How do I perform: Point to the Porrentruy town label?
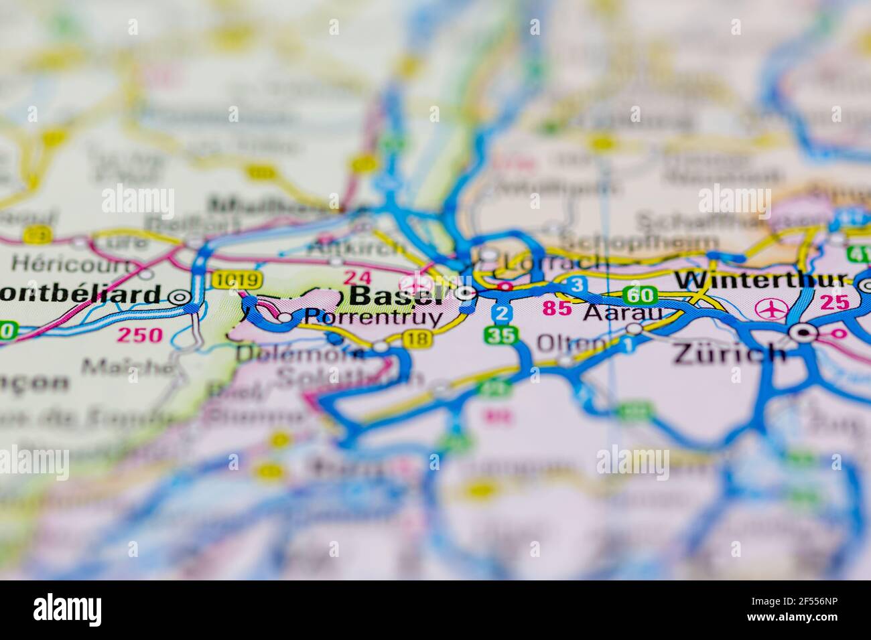(373, 317)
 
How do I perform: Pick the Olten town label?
(570, 343)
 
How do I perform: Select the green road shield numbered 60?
(639, 295)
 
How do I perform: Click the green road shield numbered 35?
(503, 335)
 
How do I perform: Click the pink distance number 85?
(557, 309)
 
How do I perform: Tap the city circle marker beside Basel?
(466, 293)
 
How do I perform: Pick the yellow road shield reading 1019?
(230, 279)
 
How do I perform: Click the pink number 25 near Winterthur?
(834, 303)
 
